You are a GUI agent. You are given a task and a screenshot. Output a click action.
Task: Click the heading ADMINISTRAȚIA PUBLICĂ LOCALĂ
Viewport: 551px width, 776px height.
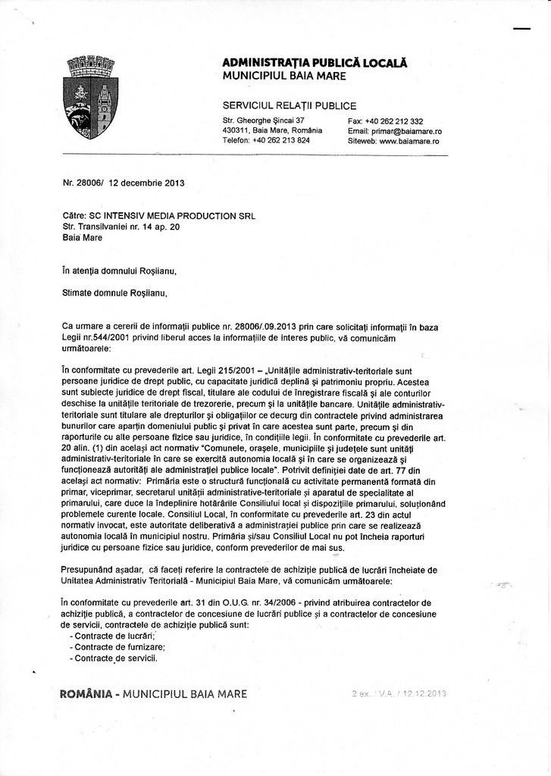click(315, 63)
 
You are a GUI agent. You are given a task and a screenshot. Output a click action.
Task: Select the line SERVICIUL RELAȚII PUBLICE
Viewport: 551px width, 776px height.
click(290, 105)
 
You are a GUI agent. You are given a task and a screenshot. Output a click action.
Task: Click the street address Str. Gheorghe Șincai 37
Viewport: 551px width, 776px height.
click(264, 121)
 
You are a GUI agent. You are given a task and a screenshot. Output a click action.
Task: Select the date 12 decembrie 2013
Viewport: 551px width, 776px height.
click(147, 183)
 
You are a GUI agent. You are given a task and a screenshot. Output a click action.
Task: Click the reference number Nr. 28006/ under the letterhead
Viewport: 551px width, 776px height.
click(83, 183)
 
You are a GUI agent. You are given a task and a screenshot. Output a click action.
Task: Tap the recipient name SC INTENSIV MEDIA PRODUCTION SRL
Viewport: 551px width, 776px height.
click(173, 215)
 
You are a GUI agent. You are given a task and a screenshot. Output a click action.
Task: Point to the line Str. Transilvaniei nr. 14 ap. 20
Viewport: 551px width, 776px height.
click(121, 226)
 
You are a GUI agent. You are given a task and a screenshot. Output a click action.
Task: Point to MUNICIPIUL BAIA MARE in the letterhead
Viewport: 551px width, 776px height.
click(284, 76)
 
